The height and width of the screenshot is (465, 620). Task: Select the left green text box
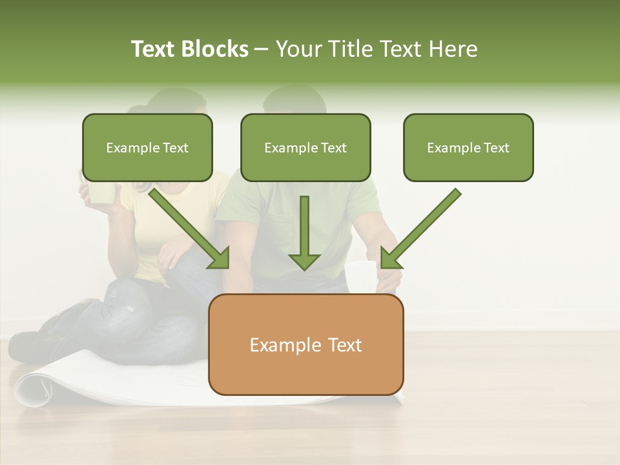tap(147, 147)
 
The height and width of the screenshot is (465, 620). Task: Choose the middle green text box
tap(305, 147)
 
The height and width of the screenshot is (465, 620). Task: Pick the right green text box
tap(468, 147)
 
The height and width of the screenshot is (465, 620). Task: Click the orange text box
tap(305, 345)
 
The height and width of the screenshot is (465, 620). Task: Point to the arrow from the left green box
tap(191, 229)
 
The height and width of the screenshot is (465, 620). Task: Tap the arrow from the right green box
tap(420, 229)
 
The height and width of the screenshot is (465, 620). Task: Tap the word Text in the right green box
tap(496, 147)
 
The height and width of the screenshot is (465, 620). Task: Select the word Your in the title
tap(297, 49)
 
